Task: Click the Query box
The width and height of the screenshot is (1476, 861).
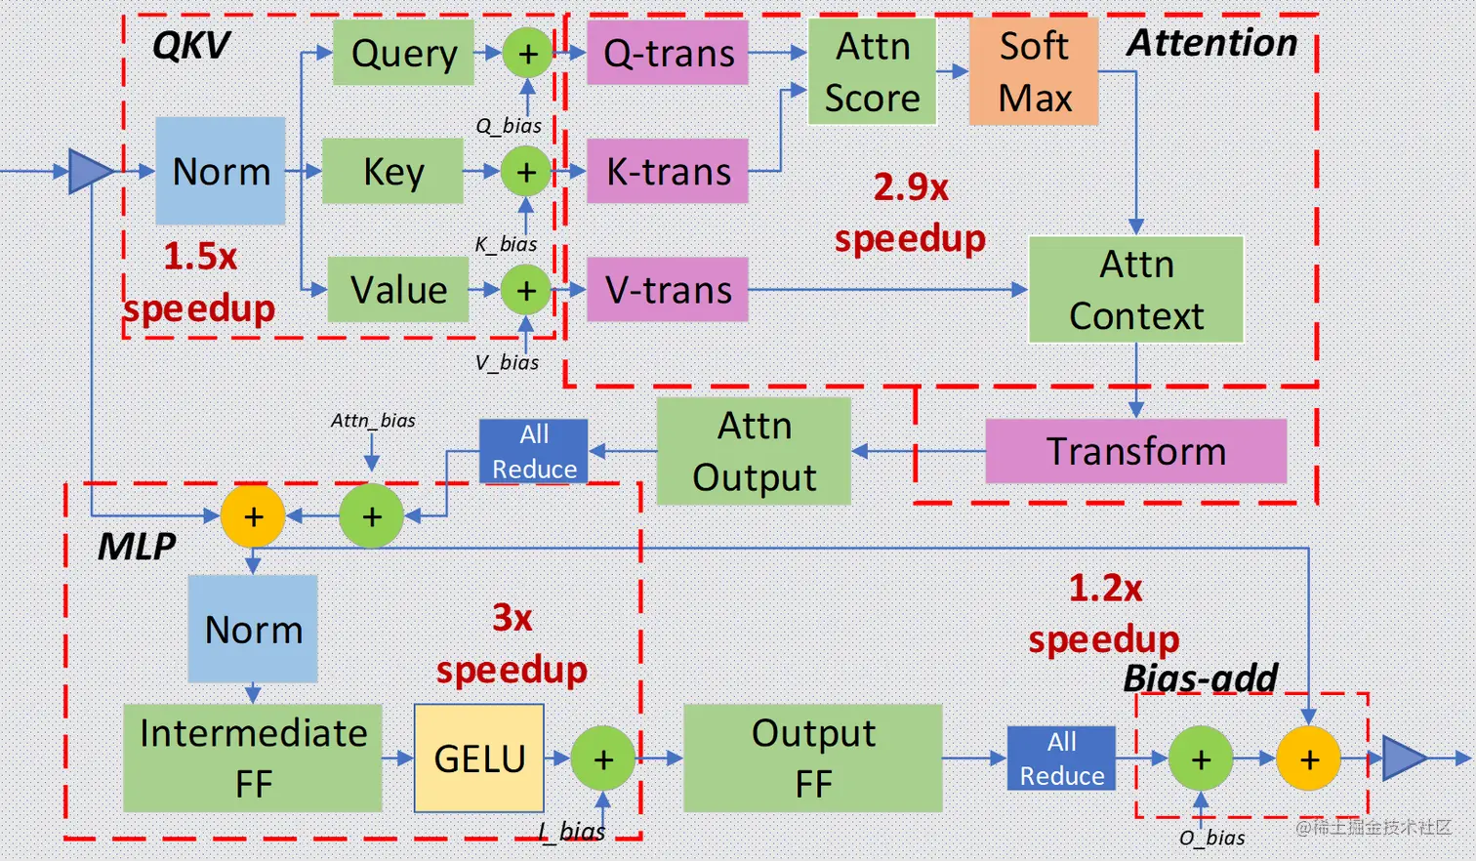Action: tap(403, 53)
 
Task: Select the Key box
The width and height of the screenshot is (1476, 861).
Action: tap(392, 171)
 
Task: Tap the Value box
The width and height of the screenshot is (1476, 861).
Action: tap(398, 290)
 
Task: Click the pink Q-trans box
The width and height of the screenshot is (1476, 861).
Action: tap(668, 53)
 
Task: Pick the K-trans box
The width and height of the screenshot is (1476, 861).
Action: tap(668, 171)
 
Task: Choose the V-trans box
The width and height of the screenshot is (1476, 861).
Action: tap(668, 290)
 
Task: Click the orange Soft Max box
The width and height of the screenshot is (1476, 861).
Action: tap(1034, 71)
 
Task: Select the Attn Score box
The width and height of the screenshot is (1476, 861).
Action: tap(872, 71)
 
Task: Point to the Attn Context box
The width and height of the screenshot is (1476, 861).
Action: tap(1136, 290)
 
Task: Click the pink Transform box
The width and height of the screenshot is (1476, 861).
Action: tap(1136, 451)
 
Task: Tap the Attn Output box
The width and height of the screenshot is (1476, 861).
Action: tap(754, 451)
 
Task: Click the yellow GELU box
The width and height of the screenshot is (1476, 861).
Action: tap(479, 758)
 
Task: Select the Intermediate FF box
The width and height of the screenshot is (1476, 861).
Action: tap(253, 758)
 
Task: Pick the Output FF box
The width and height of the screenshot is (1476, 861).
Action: tap(813, 758)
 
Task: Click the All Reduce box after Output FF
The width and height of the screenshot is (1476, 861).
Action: tap(1061, 758)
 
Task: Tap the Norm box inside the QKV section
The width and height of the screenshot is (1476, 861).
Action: tap(221, 171)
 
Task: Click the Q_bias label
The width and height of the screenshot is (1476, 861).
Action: tap(509, 126)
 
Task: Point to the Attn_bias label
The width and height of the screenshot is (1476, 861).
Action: tap(373, 421)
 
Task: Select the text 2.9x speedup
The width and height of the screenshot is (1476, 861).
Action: tap(910, 213)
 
